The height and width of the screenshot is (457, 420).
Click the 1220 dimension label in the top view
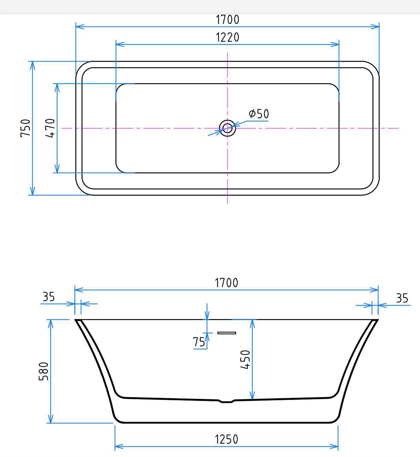(227, 37)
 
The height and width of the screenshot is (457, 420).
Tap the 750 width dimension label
(26, 128)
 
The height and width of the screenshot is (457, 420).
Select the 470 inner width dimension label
(50, 128)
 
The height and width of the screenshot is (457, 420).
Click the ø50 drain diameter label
(259, 114)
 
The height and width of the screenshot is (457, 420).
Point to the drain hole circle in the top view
(227, 128)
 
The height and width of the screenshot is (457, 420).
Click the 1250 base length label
(226, 439)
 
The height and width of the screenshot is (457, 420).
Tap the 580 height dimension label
(44, 371)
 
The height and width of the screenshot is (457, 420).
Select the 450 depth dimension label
(245, 360)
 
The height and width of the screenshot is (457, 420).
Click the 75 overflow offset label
(199, 342)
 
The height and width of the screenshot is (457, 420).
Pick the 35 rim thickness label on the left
(48, 297)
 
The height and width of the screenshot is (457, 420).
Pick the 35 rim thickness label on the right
(402, 298)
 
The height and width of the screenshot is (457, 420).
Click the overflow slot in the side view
(227, 333)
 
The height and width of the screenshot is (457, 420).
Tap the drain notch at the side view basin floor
(227, 401)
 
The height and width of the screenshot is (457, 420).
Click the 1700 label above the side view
(226, 283)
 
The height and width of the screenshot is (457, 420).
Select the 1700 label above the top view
(227, 20)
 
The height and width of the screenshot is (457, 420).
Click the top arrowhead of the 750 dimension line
(32, 65)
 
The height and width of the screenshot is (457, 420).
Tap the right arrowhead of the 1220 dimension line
(335, 44)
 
